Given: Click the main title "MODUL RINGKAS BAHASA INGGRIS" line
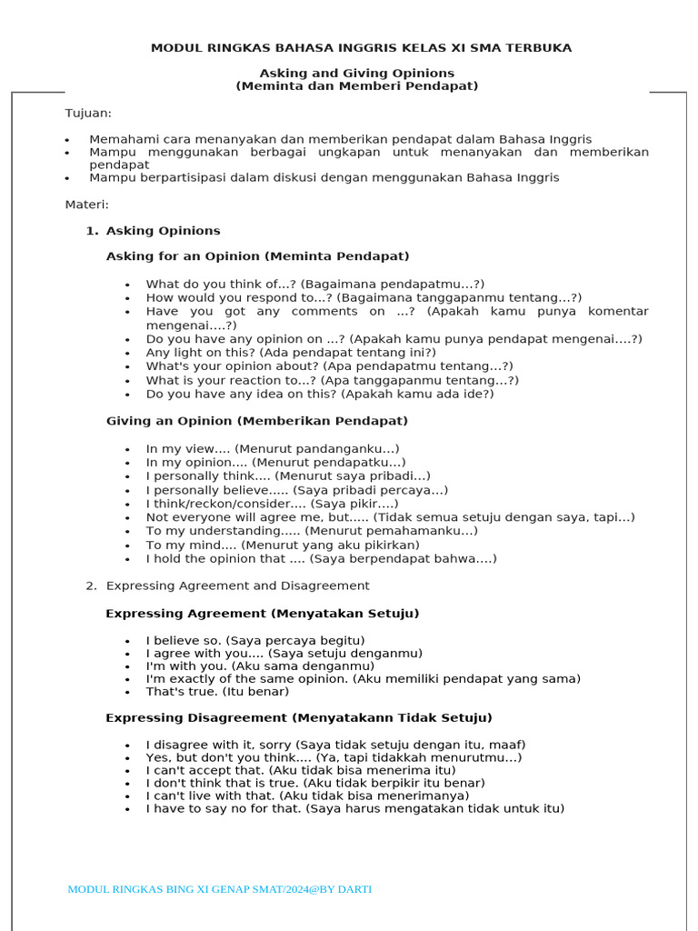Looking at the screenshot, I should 361,48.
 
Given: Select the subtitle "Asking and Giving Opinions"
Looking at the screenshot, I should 357,73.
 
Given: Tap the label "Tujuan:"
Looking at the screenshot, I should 88,113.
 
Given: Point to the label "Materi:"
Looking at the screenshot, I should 86,205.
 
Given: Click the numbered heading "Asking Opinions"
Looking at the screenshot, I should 163,231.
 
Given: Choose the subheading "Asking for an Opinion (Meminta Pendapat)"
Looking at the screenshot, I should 257,256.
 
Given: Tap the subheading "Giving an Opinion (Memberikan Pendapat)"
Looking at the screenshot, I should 256,421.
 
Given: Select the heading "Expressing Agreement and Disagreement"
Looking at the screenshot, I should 237,586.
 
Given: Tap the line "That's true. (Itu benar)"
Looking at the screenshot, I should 217,692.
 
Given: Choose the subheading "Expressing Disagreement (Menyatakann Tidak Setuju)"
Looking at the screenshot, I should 298,717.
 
